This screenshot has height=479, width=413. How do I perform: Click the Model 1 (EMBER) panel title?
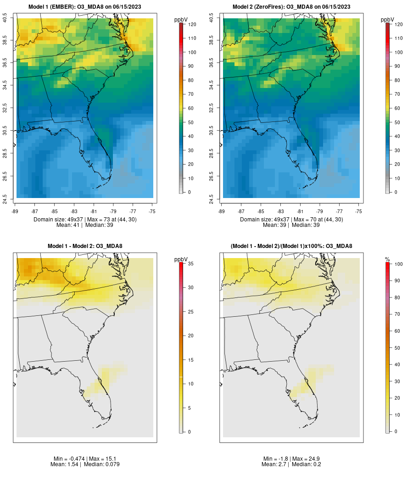pyautogui.click(x=85, y=7)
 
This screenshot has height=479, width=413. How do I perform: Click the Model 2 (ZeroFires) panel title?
pyautogui.click(x=291, y=7)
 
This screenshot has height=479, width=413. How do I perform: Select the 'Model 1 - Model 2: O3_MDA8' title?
pyautogui.click(x=85, y=246)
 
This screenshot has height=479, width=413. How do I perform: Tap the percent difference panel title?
pyautogui.click(x=291, y=246)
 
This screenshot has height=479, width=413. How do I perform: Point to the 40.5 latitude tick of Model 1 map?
pyautogui.click(x=5, y=19)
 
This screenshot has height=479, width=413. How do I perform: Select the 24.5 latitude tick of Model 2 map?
pyautogui.click(x=212, y=198)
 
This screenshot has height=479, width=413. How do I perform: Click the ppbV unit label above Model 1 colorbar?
pyautogui.click(x=181, y=20)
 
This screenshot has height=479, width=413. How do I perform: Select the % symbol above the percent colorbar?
pyautogui.click(x=387, y=259)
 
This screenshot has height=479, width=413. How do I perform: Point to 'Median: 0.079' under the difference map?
pyautogui.click(x=100, y=464)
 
